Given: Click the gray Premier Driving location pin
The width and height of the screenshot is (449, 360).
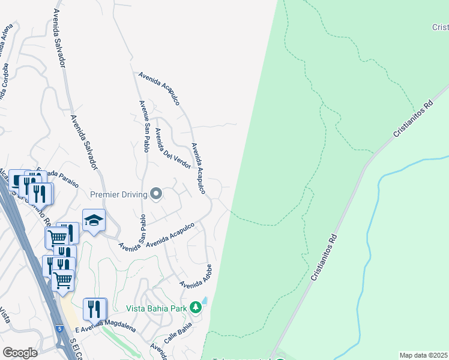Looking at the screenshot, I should pyautogui.click(x=156, y=193).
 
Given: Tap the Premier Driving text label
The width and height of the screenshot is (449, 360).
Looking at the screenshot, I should pyautogui.click(x=119, y=194).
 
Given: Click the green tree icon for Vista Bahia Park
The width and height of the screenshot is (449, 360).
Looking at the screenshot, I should pyautogui.click(x=195, y=308).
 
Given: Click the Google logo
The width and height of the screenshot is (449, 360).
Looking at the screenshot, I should pyautogui.click(x=20, y=353).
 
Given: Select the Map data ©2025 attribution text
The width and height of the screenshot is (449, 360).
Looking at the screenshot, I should pyautogui.click(x=423, y=355).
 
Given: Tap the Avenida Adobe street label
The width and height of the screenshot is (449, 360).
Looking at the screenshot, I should pyautogui.click(x=196, y=275).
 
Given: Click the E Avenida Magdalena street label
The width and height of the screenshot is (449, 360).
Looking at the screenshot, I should pyautogui.click(x=107, y=328).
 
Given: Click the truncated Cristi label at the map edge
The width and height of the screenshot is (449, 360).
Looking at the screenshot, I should pyautogui.click(x=439, y=27).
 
